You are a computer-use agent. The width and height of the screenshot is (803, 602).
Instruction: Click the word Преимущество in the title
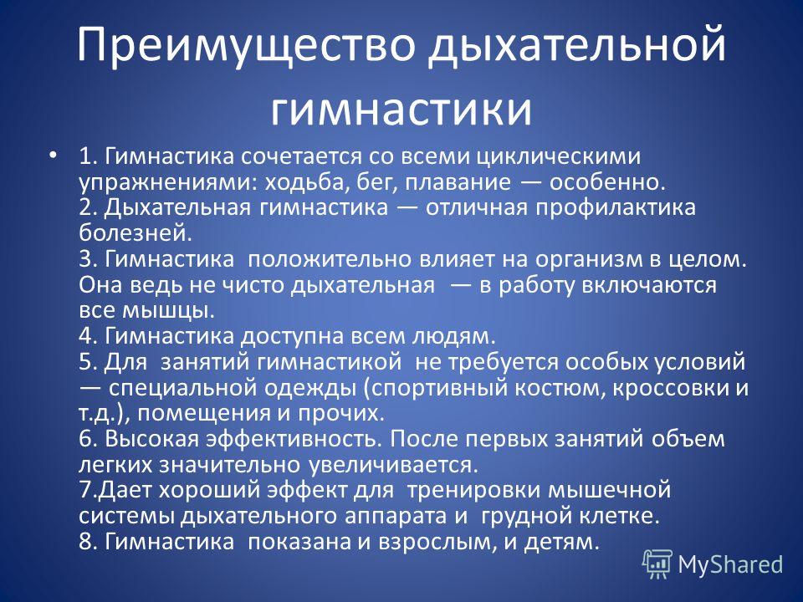click(246, 46)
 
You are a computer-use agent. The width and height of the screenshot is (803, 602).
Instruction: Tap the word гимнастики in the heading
click(401, 109)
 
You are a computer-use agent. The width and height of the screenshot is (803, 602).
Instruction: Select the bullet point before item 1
click(52, 155)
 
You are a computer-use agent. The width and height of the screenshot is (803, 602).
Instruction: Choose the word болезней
click(136, 233)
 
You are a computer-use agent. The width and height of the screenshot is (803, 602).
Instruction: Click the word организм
click(590, 260)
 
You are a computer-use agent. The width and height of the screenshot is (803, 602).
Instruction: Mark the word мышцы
click(168, 311)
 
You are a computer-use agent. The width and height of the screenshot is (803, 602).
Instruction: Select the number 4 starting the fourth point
click(88, 336)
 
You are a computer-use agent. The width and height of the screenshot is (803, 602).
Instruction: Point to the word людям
click(453, 337)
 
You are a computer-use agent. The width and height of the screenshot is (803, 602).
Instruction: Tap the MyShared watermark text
click(730, 564)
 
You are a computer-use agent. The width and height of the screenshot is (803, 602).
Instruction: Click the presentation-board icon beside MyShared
click(657, 564)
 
